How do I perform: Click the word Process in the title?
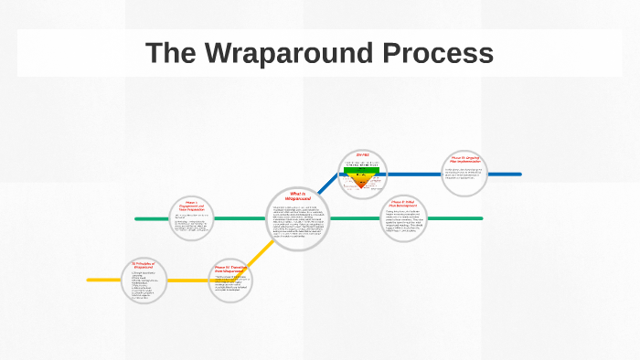[443, 54]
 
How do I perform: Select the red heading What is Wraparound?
[299, 196]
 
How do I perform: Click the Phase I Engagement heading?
[191, 206]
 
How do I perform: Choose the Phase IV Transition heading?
[229, 270]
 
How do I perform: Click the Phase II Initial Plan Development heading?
[403, 203]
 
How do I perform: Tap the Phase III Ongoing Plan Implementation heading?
[464, 160]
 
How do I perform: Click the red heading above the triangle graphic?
[362, 155]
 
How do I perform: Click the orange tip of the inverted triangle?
[362, 184]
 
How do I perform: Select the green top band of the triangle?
[362, 169]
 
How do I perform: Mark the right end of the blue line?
[519, 174]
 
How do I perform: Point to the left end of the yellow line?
[89, 280]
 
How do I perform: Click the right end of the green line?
[481, 218]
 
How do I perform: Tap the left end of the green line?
[137, 218]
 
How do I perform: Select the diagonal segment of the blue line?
[327, 185]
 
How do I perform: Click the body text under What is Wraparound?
[298, 222]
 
